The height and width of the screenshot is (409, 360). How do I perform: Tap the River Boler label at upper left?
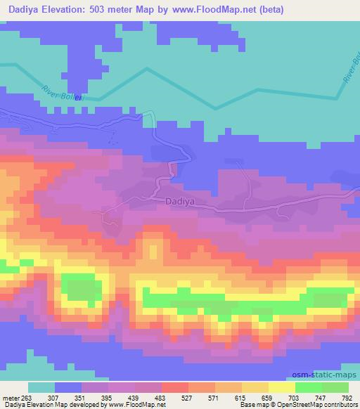[62, 93]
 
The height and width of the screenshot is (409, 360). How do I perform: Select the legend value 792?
[346, 397]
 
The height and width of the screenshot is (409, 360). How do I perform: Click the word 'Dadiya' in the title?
[29, 9]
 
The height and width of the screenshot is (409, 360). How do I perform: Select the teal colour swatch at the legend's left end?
[41, 387]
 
